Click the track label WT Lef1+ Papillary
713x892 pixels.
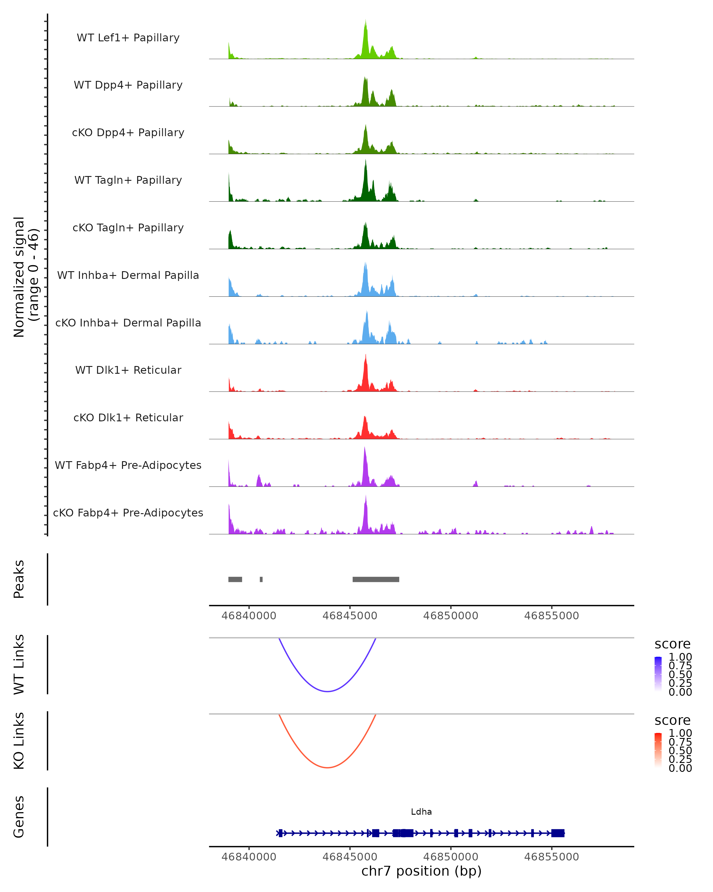[128, 38]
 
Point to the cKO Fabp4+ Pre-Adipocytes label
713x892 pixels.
[128, 513]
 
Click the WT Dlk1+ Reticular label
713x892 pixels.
[128, 370]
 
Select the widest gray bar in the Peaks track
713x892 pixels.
[376, 579]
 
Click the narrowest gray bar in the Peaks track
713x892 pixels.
[261, 579]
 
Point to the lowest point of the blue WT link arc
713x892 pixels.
[327, 691]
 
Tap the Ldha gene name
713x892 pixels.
[421, 812]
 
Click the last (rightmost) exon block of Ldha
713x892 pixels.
[558, 833]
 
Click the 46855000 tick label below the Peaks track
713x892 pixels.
[551, 616]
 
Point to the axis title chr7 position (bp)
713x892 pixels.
[421, 871]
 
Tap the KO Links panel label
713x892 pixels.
[19, 741]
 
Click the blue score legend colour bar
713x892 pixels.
[658, 673]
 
